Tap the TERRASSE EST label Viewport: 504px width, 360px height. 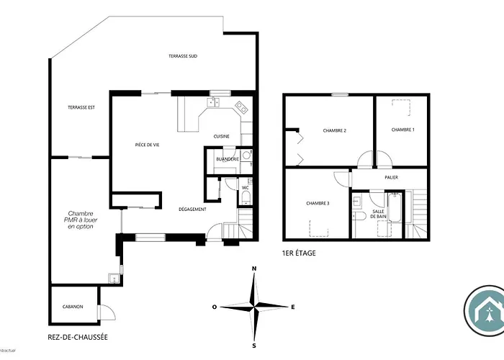[82, 107]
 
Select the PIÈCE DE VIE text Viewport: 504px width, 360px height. [147, 145]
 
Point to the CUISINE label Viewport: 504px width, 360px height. [222, 136]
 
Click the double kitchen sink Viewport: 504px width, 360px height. [214, 104]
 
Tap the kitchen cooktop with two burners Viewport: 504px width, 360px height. [241, 110]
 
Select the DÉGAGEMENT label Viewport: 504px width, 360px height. [193, 210]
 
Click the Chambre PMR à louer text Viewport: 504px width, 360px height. [81, 220]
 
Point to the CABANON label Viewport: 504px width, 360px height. [72, 307]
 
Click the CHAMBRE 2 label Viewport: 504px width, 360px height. [335, 130]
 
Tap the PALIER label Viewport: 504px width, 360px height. [391, 177]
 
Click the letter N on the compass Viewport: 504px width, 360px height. [253, 269]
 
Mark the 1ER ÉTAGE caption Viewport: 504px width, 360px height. [299, 253]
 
